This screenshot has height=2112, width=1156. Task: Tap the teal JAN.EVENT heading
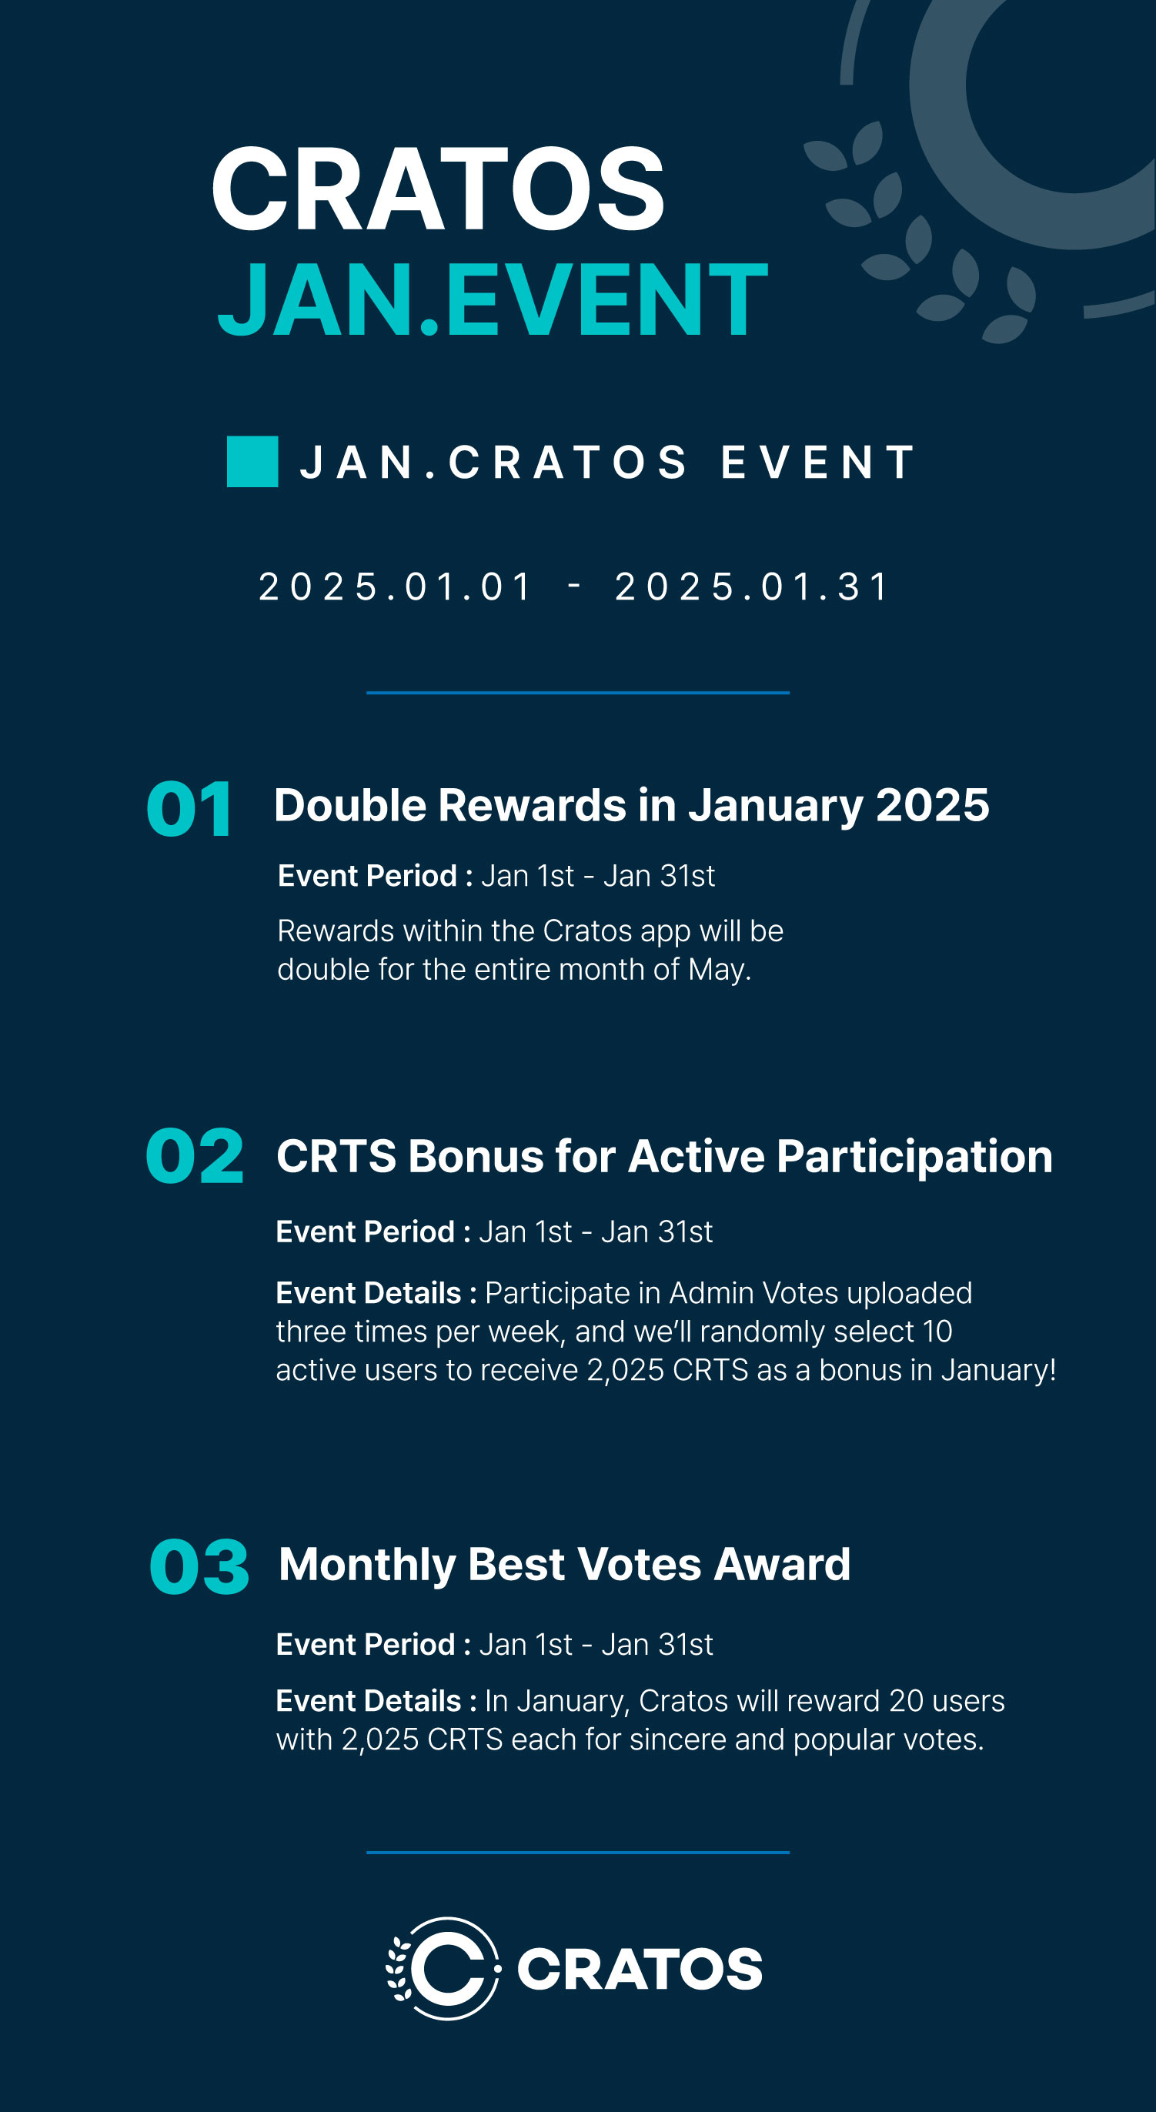pos(493,299)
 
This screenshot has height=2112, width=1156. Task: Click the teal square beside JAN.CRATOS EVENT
pos(252,462)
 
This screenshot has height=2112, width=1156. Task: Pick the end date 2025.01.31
pos(752,587)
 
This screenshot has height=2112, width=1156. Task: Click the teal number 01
pos(189,809)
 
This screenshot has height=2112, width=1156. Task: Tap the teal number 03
pos(199,1567)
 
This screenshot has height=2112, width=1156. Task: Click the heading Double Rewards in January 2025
pos(631,805)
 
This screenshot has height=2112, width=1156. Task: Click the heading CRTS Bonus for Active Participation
pos(664,1157)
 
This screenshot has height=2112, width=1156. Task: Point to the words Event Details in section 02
pos(369,1293)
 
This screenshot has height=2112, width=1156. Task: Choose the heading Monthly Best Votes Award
pos(565,1564)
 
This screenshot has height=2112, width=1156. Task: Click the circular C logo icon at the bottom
pos(443,1969)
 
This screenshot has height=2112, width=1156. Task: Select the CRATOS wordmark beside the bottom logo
pos(640,1970)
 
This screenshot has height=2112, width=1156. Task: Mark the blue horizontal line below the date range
pos(578,693)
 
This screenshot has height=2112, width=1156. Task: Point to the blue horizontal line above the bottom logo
pos(578,1852)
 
